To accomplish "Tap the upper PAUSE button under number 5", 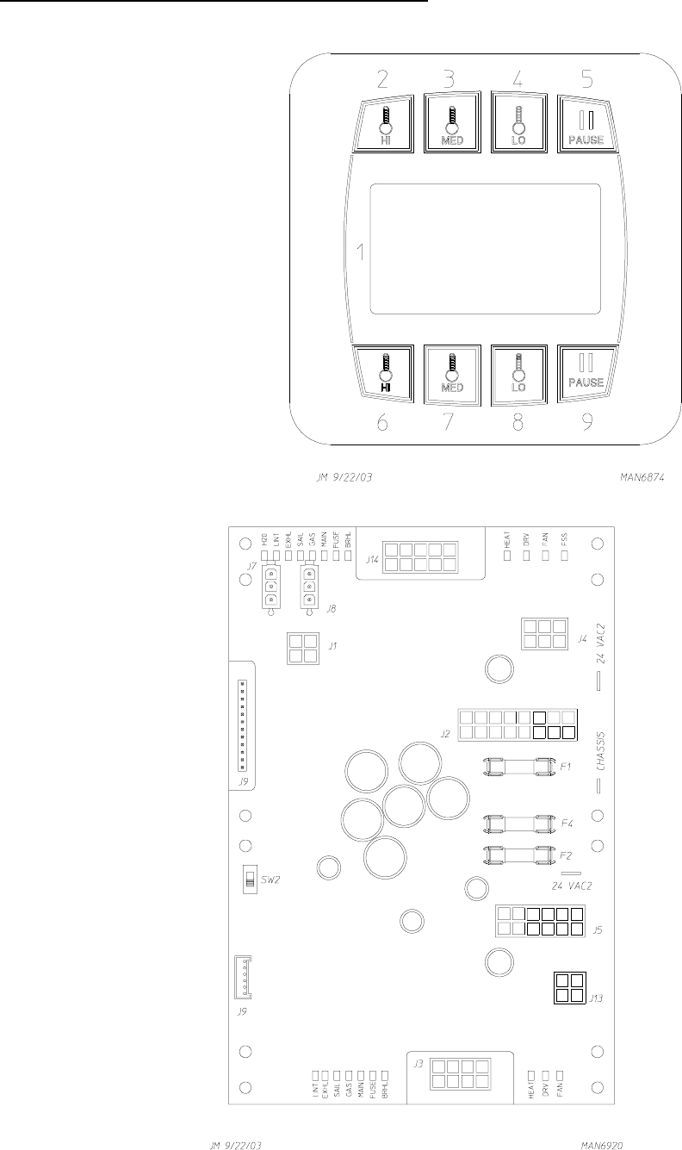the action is pos(584,125).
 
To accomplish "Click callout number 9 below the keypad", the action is pos(586,424).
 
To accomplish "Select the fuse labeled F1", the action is pos(517,765).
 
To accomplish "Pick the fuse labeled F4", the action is pos(517,824).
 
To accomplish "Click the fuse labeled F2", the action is pos(517,855).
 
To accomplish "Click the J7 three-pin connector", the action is pos(271,587).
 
